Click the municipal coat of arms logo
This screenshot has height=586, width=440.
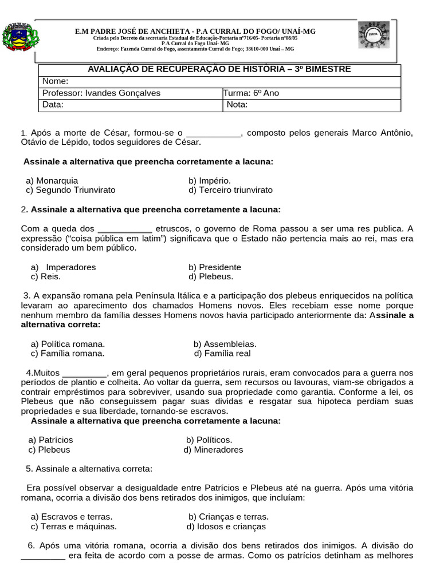[20, 38]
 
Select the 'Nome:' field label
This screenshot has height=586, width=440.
[56, 81]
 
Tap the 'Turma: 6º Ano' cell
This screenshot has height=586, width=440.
[252, 93]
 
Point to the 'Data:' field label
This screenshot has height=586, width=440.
[53, 105]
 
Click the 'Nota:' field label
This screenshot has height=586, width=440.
[237, 105]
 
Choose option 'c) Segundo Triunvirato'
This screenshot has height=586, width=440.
[70, 190]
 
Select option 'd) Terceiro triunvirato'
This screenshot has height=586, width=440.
[230, 190]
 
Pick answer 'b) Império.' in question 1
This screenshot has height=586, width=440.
[210, 180]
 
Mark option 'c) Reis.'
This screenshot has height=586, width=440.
[45, 276]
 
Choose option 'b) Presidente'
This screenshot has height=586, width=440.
[214, 267]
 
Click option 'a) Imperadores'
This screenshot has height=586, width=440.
[63, 267]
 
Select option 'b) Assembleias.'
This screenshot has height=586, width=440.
[225, 344]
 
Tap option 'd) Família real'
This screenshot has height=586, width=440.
[222, 353]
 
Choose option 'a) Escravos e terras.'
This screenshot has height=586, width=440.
[71, 517]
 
